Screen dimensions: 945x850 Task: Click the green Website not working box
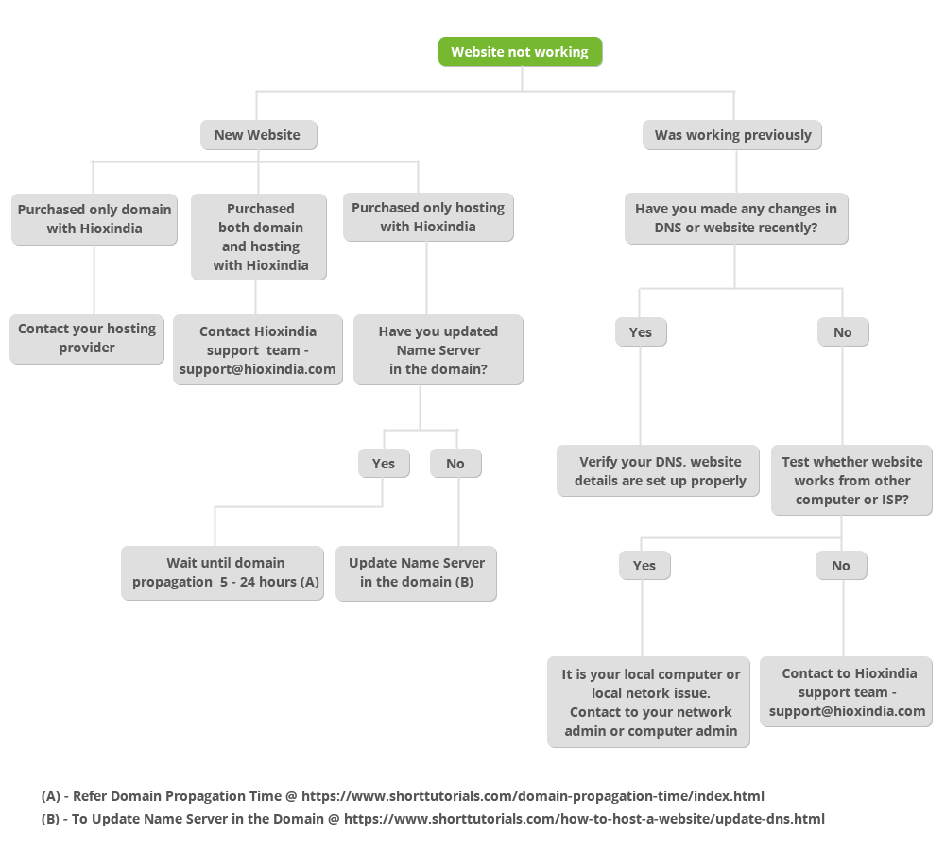pos(520,52)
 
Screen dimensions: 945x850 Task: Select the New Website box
pos(259,135)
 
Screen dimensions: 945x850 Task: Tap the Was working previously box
pos(732,135)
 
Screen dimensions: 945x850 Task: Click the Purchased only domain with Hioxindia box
pos(94,219)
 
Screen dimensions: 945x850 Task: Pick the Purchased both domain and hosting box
pos(259,237)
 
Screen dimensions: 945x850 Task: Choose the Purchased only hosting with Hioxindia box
pos(428,217)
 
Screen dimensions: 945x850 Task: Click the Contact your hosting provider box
pos(87,338)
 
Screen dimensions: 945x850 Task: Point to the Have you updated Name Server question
pos(438,350)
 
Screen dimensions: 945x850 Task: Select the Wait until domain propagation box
pos(222,573)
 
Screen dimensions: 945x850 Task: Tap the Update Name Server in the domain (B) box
pos(416,573)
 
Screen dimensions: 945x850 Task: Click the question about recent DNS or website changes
pos(736,218)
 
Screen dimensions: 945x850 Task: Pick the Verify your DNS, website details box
pos(658,471)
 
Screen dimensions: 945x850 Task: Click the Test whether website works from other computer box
pos(851,480)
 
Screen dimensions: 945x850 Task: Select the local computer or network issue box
pos(648,702)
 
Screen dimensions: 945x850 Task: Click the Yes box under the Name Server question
pos(384,464)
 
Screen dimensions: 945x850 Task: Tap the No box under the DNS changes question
pos(843,331)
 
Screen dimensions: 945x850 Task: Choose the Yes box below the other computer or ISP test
pos(644,566)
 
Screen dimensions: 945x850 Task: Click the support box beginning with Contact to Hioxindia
pos(846,691)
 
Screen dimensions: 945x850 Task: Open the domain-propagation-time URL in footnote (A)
pos(533,796)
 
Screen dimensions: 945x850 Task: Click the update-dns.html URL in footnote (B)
pos(584,819)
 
